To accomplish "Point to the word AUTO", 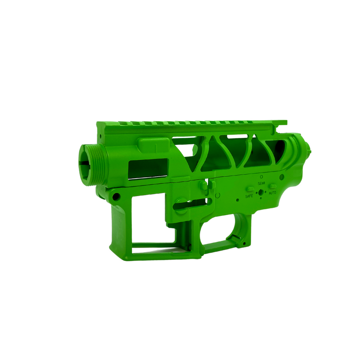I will coord(272,193).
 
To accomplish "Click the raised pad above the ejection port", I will coord(153,145).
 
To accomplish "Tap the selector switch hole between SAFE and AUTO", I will coord(261,192).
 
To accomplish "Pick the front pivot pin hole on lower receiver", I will coord(116,197).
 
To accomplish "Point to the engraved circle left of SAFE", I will coord(217,195).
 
